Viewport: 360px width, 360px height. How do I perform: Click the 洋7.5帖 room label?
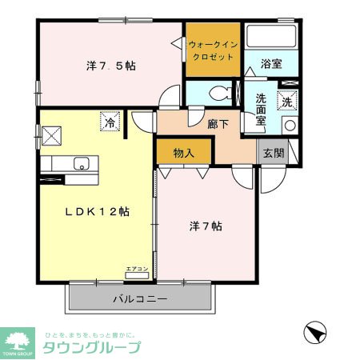[x=110, y=66]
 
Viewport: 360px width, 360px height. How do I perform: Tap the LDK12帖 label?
[x=97, y=212]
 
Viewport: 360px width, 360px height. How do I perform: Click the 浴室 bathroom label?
[x=271, y=64]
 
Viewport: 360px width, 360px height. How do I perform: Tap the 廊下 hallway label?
[x=218, y=124]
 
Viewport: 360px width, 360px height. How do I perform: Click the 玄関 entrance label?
[x=274, y=153]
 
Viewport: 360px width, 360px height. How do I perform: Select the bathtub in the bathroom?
[x=271, y=37]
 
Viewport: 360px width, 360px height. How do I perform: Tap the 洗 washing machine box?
[x=286, y=102]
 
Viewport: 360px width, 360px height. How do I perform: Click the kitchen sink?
[x=81, y=164]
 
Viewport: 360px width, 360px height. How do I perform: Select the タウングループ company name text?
[x=91, y=347]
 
